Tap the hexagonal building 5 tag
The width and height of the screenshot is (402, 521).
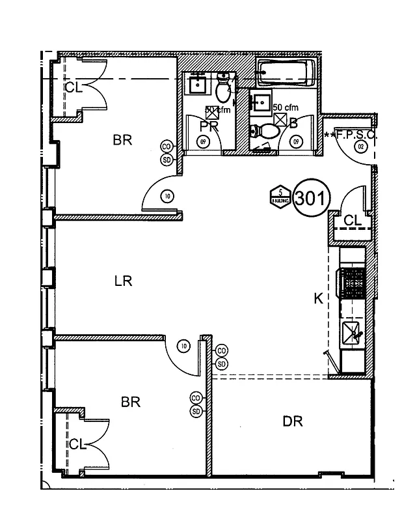point(280,195)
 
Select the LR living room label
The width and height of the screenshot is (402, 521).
point(123,281)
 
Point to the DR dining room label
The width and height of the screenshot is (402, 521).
point(293,421)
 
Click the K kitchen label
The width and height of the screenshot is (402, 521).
point(318,298)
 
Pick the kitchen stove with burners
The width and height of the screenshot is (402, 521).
point(353,282)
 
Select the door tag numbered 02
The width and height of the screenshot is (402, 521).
point(360,148)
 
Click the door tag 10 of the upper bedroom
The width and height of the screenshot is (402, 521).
point(167,195)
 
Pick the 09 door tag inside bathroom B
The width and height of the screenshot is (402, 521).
point(297,141)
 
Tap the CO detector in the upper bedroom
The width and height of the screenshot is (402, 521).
point(167,147)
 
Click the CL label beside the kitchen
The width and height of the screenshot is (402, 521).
point(352,221)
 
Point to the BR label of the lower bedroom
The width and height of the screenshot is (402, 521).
point(131,402)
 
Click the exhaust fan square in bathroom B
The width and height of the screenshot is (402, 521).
point(280,119)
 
